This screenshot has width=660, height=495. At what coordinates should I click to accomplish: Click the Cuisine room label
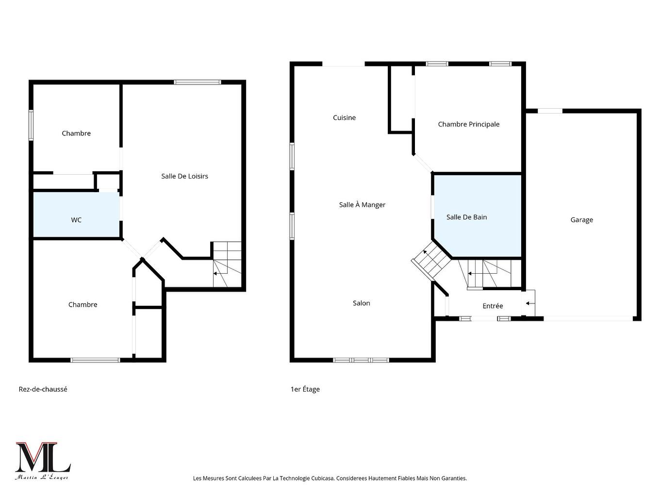tap(344, 117)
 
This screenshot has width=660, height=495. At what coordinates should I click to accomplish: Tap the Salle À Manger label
tap(362, 205)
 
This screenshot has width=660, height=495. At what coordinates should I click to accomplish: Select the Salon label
tap(361, 303)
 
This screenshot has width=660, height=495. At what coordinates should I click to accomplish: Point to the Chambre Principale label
tap(468, 124)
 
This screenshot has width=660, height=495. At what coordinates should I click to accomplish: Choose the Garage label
tap(581, 220)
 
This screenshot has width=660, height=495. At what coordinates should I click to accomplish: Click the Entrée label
tap(493, 306)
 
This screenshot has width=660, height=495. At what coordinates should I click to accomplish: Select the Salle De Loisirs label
tap(184, 176)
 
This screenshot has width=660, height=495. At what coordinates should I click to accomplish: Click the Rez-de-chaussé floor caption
tap(43, 389)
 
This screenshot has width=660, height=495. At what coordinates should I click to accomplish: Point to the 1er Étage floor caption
tap(305, 389)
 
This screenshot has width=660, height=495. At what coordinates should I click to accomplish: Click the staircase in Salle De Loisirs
tap(227, 264)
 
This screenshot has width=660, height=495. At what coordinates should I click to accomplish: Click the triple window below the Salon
tap(361, 360)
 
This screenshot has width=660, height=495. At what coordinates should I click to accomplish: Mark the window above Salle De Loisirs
tap(198, 82)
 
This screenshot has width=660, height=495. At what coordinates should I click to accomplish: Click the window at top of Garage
tap(550, 111)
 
